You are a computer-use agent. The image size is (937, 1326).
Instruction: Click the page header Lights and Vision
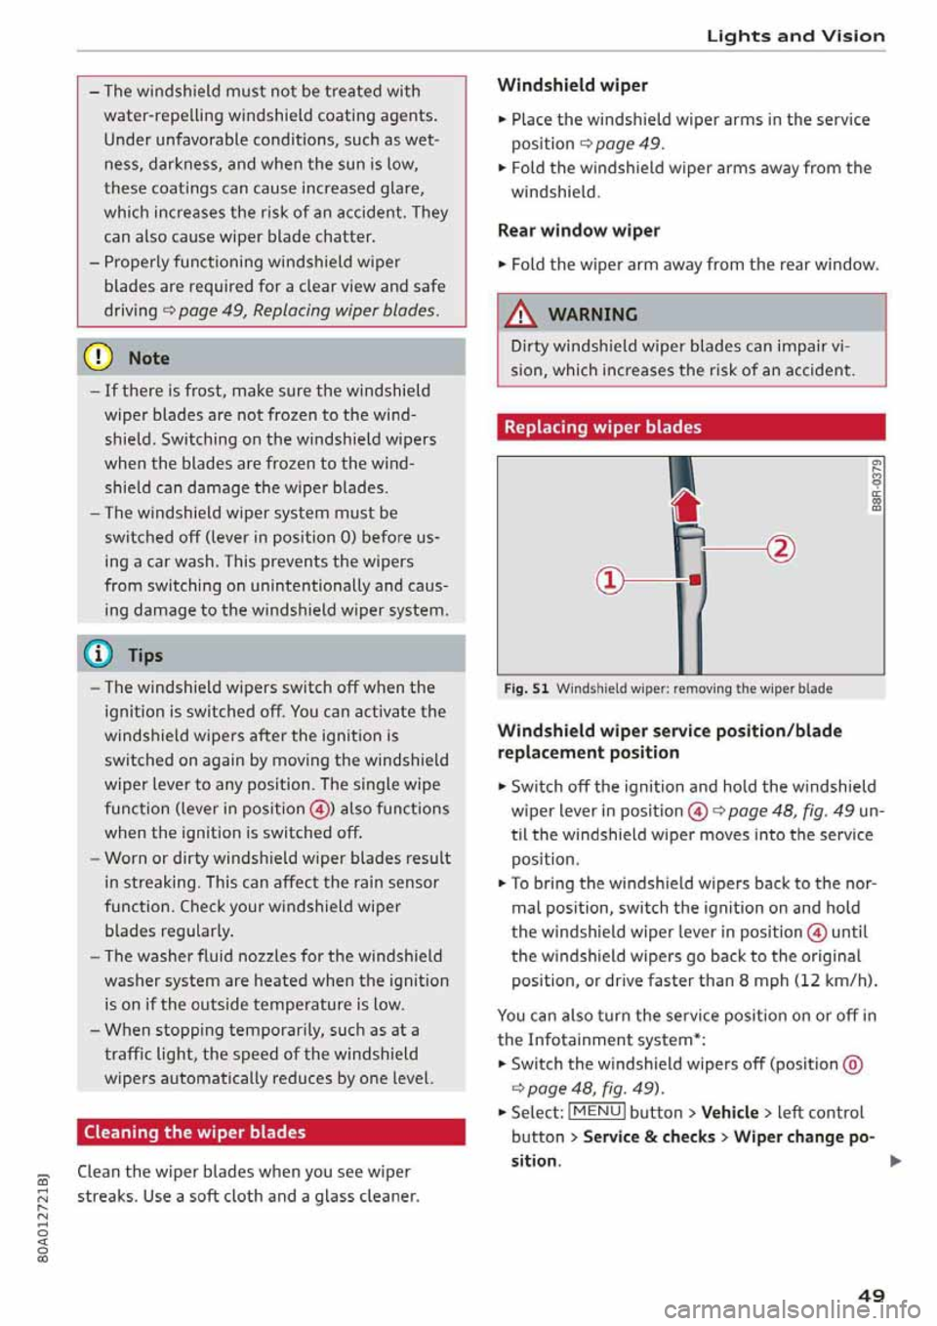795,36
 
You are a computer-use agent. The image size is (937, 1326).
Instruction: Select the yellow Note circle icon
100,357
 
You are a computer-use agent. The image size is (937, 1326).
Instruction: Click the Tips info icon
100,654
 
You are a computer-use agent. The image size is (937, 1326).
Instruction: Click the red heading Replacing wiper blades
602,427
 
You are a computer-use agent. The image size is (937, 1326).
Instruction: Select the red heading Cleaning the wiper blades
194,1132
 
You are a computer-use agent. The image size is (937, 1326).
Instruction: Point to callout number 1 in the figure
609,580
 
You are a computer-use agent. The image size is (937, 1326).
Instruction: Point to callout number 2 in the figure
781,548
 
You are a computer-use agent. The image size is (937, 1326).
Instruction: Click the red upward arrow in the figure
687,505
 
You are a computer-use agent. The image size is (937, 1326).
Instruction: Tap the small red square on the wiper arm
695,580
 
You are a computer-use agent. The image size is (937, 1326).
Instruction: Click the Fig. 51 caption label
526,688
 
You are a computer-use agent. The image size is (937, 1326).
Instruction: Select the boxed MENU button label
596,1111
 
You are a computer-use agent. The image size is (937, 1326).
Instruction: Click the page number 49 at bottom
871,1295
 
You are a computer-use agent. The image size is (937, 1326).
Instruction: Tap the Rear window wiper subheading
579,230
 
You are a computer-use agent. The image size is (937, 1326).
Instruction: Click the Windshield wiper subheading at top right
573,85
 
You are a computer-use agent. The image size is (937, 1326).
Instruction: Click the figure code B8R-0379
876,485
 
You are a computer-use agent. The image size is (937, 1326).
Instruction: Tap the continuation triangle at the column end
895,1161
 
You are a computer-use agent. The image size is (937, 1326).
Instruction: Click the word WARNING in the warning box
592,314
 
